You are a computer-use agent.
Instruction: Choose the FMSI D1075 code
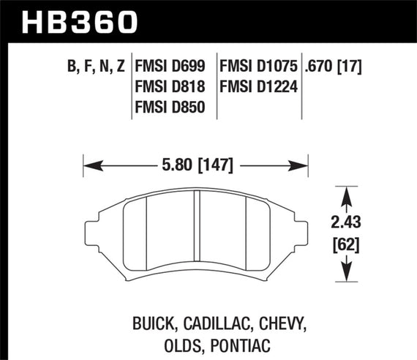(x=258, y=67)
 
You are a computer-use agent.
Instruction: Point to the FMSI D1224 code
(x=258, y=89)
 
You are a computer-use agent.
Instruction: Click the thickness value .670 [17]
(x=336, y=67)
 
